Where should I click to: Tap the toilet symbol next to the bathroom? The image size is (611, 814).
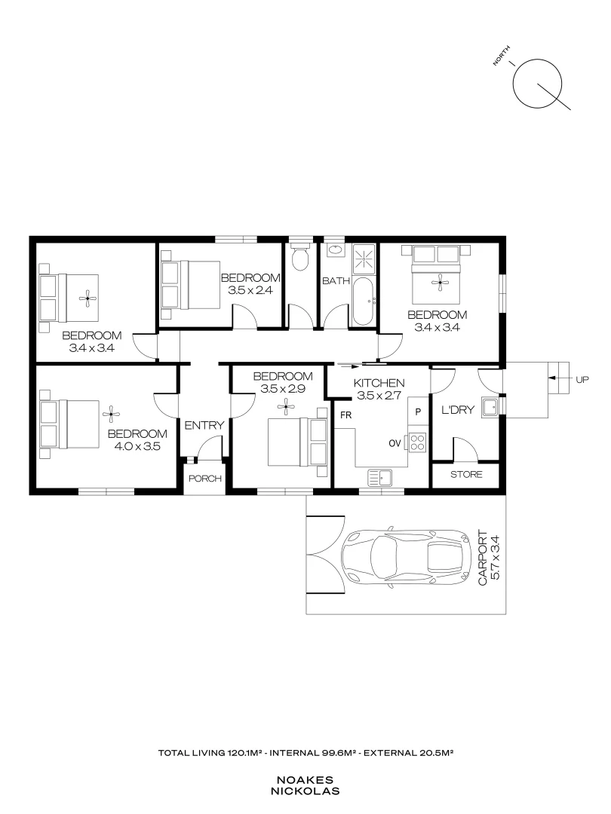pos(300,258)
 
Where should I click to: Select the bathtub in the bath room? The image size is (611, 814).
pos(362,301)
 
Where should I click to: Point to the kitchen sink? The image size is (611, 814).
pos(379,476)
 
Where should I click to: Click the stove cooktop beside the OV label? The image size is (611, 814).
pos(417,442)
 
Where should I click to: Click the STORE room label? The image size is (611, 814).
pos(465,475)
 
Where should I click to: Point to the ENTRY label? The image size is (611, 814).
pos(204,425)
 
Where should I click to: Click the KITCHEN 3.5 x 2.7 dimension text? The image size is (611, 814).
pos(379,394)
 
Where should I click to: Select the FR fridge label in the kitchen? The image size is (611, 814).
pos(345,415)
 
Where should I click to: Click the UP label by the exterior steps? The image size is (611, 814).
pos(582,379)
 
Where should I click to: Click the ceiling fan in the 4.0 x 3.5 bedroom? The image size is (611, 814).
pos(112,412)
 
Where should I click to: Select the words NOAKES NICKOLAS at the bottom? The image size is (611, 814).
pos(305,786)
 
